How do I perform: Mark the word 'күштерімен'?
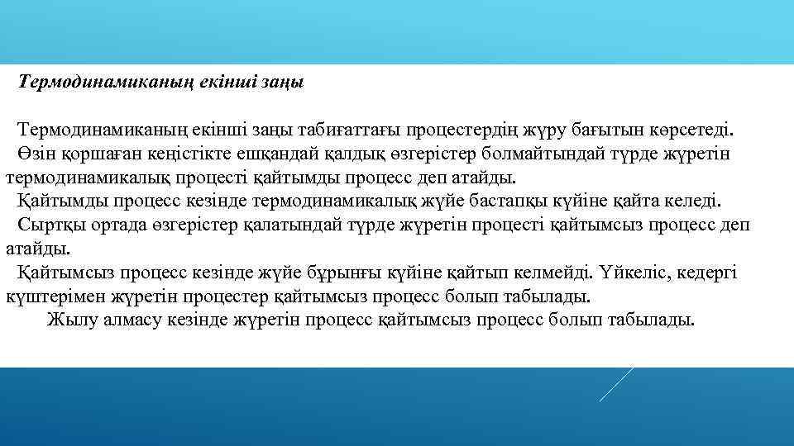point(54,296)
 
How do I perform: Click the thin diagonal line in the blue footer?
point(617,383)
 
